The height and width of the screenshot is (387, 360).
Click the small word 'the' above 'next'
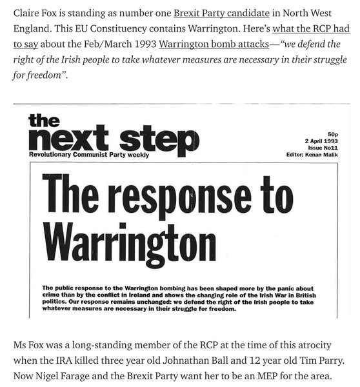[x=44, y=120]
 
